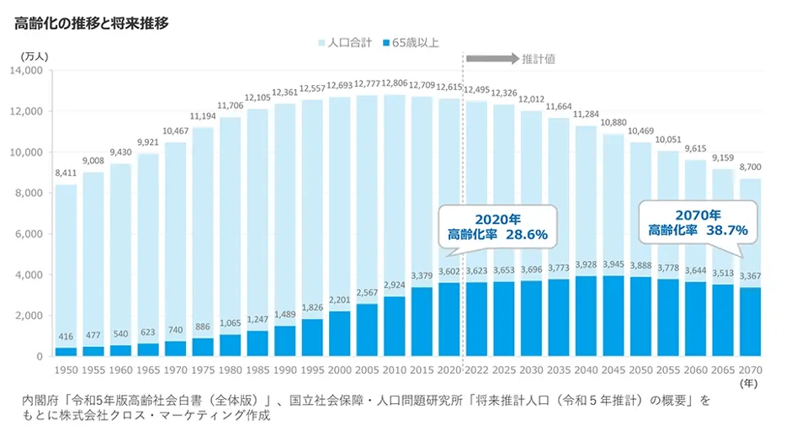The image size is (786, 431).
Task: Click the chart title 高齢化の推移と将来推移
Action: [x=92, y=23]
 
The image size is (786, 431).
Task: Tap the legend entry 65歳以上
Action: [x=411, y=42]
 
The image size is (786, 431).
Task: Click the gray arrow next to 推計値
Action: [x=491, y=59]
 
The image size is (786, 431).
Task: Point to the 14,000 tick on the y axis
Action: [x=29, y=71]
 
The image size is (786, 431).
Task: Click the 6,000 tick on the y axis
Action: [x=32, y=234]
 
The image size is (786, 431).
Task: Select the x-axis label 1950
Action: [x=67, y=370]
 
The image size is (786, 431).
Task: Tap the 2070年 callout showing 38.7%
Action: [x=697, y=222]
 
